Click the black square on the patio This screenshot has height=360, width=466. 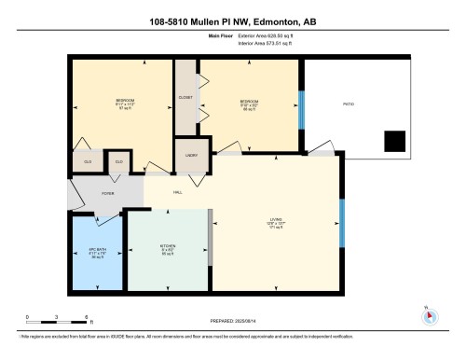(x=395, y=141)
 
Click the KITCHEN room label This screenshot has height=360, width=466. (x=168, y=247)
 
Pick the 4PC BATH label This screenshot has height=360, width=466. (x=99, y=251)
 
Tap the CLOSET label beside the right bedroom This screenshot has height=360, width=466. (x=185, y=98)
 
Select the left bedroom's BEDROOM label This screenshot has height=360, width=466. (x=125, y=99)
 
